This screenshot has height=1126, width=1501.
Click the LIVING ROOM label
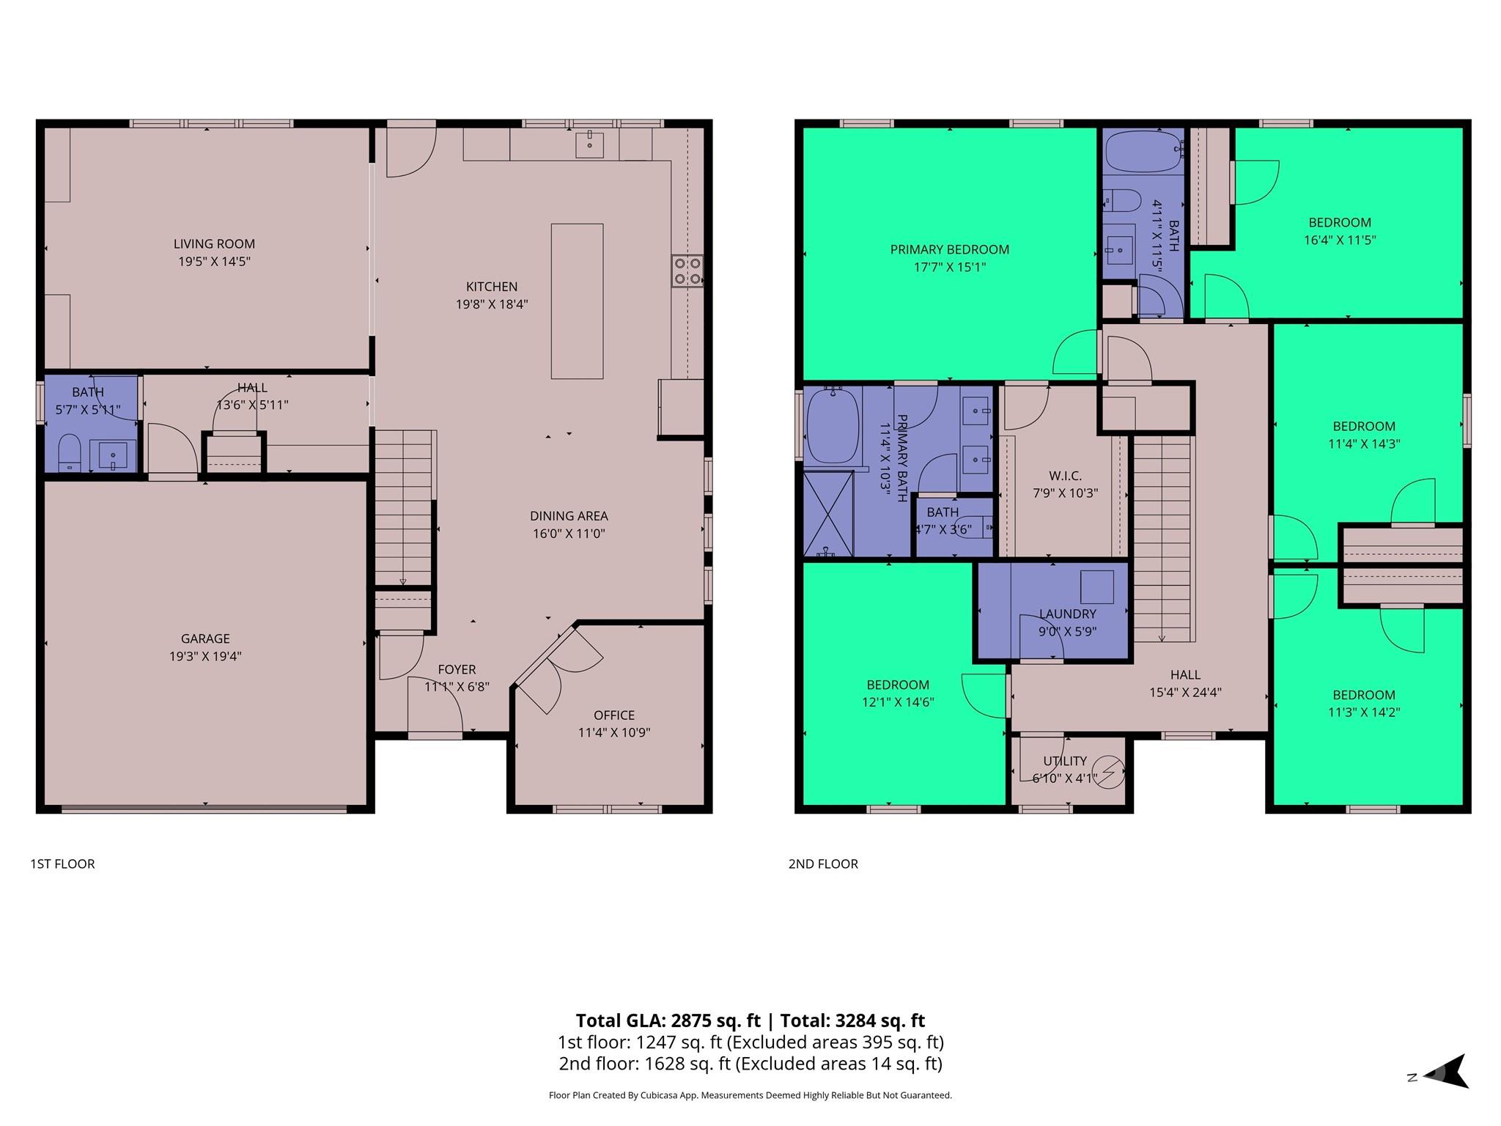point(214,244)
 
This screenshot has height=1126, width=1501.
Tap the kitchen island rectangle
point(577,301)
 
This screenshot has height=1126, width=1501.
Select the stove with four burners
point(687,271)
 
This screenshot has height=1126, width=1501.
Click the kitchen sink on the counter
point(589,144)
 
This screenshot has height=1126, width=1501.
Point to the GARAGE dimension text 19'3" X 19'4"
point(205,656)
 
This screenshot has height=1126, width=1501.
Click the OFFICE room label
point(614,715)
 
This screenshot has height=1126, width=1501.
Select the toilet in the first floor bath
point(69,452)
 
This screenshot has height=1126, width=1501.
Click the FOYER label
point(457,669)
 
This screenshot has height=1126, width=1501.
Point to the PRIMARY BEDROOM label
point(949,250)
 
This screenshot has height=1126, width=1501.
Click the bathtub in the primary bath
point(833,426)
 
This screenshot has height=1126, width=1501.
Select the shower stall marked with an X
point(829,514)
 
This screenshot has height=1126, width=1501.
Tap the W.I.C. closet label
point(1065,476)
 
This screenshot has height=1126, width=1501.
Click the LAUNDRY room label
point(1067,614)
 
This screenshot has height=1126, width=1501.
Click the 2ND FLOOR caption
point(823,864)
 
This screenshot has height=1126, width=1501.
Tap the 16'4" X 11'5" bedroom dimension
point(1339,240)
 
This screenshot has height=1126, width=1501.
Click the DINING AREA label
point(569,516)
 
